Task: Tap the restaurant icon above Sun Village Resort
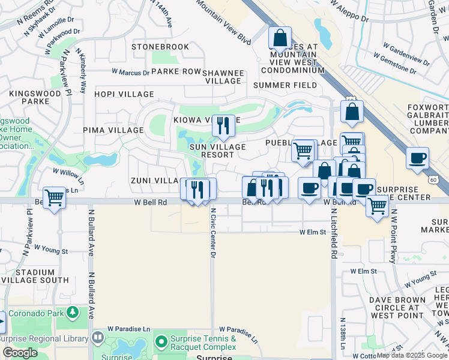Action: pyautogui.click(x=223, y=125)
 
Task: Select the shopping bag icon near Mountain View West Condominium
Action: pyautogui.click(x=280, y=38)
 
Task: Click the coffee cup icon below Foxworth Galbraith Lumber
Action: pyautogui.click(x=417, y=158)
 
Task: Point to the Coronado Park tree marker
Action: pyautogui.click(x=73, y=312)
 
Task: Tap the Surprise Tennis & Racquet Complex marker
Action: pyautogui.click(x=161, y=343)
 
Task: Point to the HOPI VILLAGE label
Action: pyautogui.click(x=124, y=95)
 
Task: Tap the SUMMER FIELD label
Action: pyautogui.click(x=285, y=85)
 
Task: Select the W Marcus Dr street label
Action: pyautogui.click(x=130, y=73)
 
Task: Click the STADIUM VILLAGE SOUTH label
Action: pyautogui.click(x=35, y=276)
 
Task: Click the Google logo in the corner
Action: pyautogui.click(x=20, y=353)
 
